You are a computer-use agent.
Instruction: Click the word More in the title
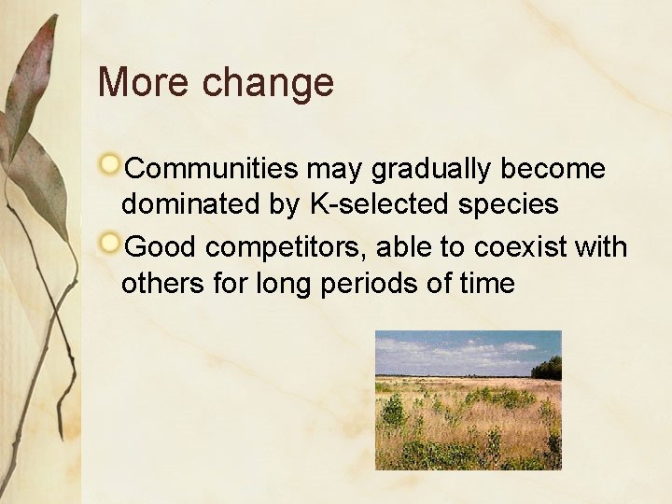142,82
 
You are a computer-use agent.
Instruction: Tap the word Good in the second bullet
160,246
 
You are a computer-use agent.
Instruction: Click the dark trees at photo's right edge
550,368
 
